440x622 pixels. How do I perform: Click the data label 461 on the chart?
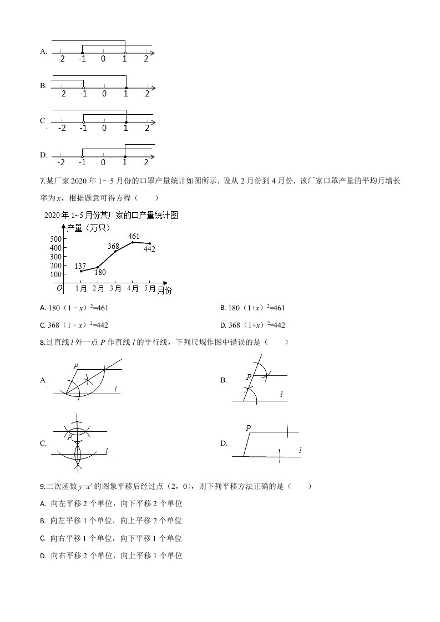[134, 237]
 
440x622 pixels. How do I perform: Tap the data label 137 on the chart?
[80, 266]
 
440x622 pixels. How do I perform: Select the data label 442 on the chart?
[149, 249]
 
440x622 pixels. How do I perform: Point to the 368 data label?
[113, 246]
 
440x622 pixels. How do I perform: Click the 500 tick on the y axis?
[55, 239]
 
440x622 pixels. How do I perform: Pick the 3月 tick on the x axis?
[115, 288]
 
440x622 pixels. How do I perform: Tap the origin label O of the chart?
[59, 288]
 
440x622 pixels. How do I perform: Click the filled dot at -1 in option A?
[82, 53]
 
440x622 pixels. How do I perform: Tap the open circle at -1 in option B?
[83, 88]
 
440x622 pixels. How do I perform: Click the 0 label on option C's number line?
[104, 128]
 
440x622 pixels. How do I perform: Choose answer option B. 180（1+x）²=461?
[252, 308]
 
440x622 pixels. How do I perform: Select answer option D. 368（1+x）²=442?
[252, 325]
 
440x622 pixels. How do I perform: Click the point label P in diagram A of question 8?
[75, 366]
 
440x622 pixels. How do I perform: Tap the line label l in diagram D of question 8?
[300, 452]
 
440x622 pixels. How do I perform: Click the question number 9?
[43, 486]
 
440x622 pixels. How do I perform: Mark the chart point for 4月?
[133, 242]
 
